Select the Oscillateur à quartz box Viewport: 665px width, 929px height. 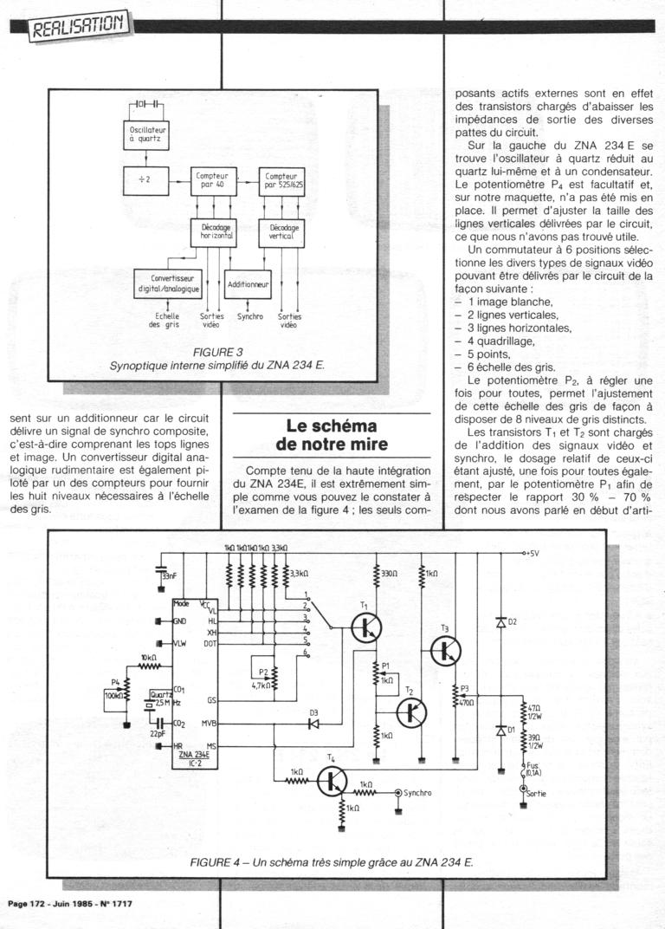(140, 133)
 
